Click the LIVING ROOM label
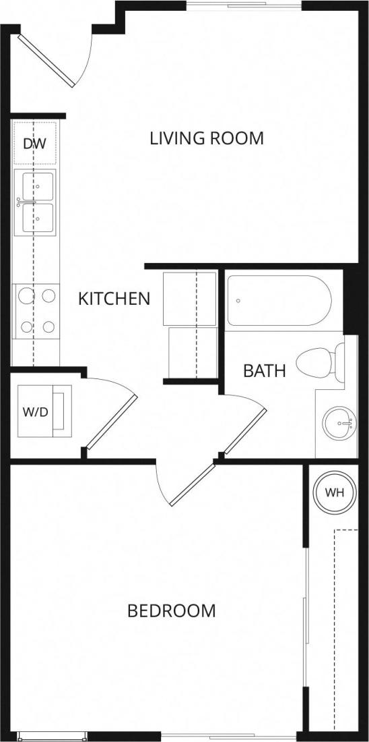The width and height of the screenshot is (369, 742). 206,139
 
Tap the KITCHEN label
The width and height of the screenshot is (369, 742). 114,299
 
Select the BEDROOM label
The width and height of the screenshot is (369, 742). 172,611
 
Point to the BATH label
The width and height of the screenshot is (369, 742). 265,370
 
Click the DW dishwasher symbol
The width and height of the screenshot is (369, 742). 34,144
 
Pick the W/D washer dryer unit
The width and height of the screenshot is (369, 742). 36,412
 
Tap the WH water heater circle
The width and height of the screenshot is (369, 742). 335,492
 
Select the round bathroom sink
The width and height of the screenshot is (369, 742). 339,424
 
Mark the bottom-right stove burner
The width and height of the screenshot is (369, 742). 48,327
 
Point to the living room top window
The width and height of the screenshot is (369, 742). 244,7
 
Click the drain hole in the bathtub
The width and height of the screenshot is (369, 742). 238,302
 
